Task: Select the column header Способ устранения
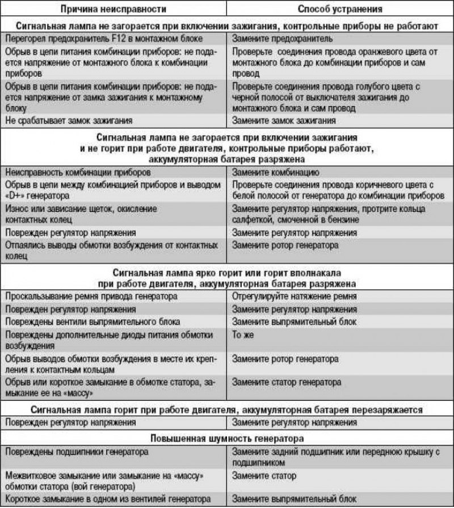340,9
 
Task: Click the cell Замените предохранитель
278,40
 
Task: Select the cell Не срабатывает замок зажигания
68,120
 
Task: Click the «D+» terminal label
17,195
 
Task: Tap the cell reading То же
241,335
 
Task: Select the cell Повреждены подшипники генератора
76,452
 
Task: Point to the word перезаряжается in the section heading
388,409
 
